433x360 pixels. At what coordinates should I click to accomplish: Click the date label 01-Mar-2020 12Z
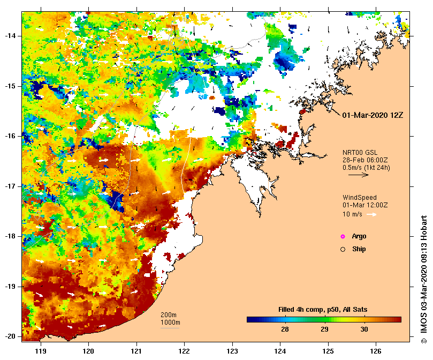point(371,115)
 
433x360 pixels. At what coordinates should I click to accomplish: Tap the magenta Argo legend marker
point(343,236)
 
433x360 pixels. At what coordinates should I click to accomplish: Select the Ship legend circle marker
point(343,249)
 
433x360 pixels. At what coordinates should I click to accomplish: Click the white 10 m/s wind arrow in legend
point(371,214)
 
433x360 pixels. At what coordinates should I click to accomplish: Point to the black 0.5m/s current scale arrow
point(356,175)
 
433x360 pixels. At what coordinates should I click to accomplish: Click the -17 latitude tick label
point(10,186)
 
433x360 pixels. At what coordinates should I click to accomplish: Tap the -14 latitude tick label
point(10,36)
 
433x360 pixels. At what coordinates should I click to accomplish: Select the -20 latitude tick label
point(10,336)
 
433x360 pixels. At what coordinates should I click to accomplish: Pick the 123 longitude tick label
point(232,351)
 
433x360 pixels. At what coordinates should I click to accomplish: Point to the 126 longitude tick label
point(376,351)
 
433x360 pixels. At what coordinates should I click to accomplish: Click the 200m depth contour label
point(169,314)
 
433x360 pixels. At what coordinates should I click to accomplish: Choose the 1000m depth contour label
point(170,322)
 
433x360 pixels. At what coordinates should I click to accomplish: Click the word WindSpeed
point(360,198)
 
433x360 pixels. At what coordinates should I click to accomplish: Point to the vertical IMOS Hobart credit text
point(424,279)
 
